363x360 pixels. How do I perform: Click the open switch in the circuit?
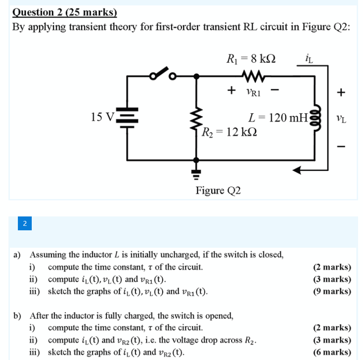point(161,74)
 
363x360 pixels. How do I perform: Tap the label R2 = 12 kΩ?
point(229,133)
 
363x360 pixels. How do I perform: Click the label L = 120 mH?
point(278,118)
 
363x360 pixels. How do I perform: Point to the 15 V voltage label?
point(102,117)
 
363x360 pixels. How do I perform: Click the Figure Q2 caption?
point(218,191)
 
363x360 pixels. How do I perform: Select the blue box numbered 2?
point(25,223)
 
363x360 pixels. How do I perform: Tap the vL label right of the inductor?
point(340,119)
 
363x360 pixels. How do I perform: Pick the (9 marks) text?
point(332,292)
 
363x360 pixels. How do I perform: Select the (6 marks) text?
point(332,352)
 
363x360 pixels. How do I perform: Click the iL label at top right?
point(309,57)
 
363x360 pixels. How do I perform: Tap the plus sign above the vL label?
point(341,93)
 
